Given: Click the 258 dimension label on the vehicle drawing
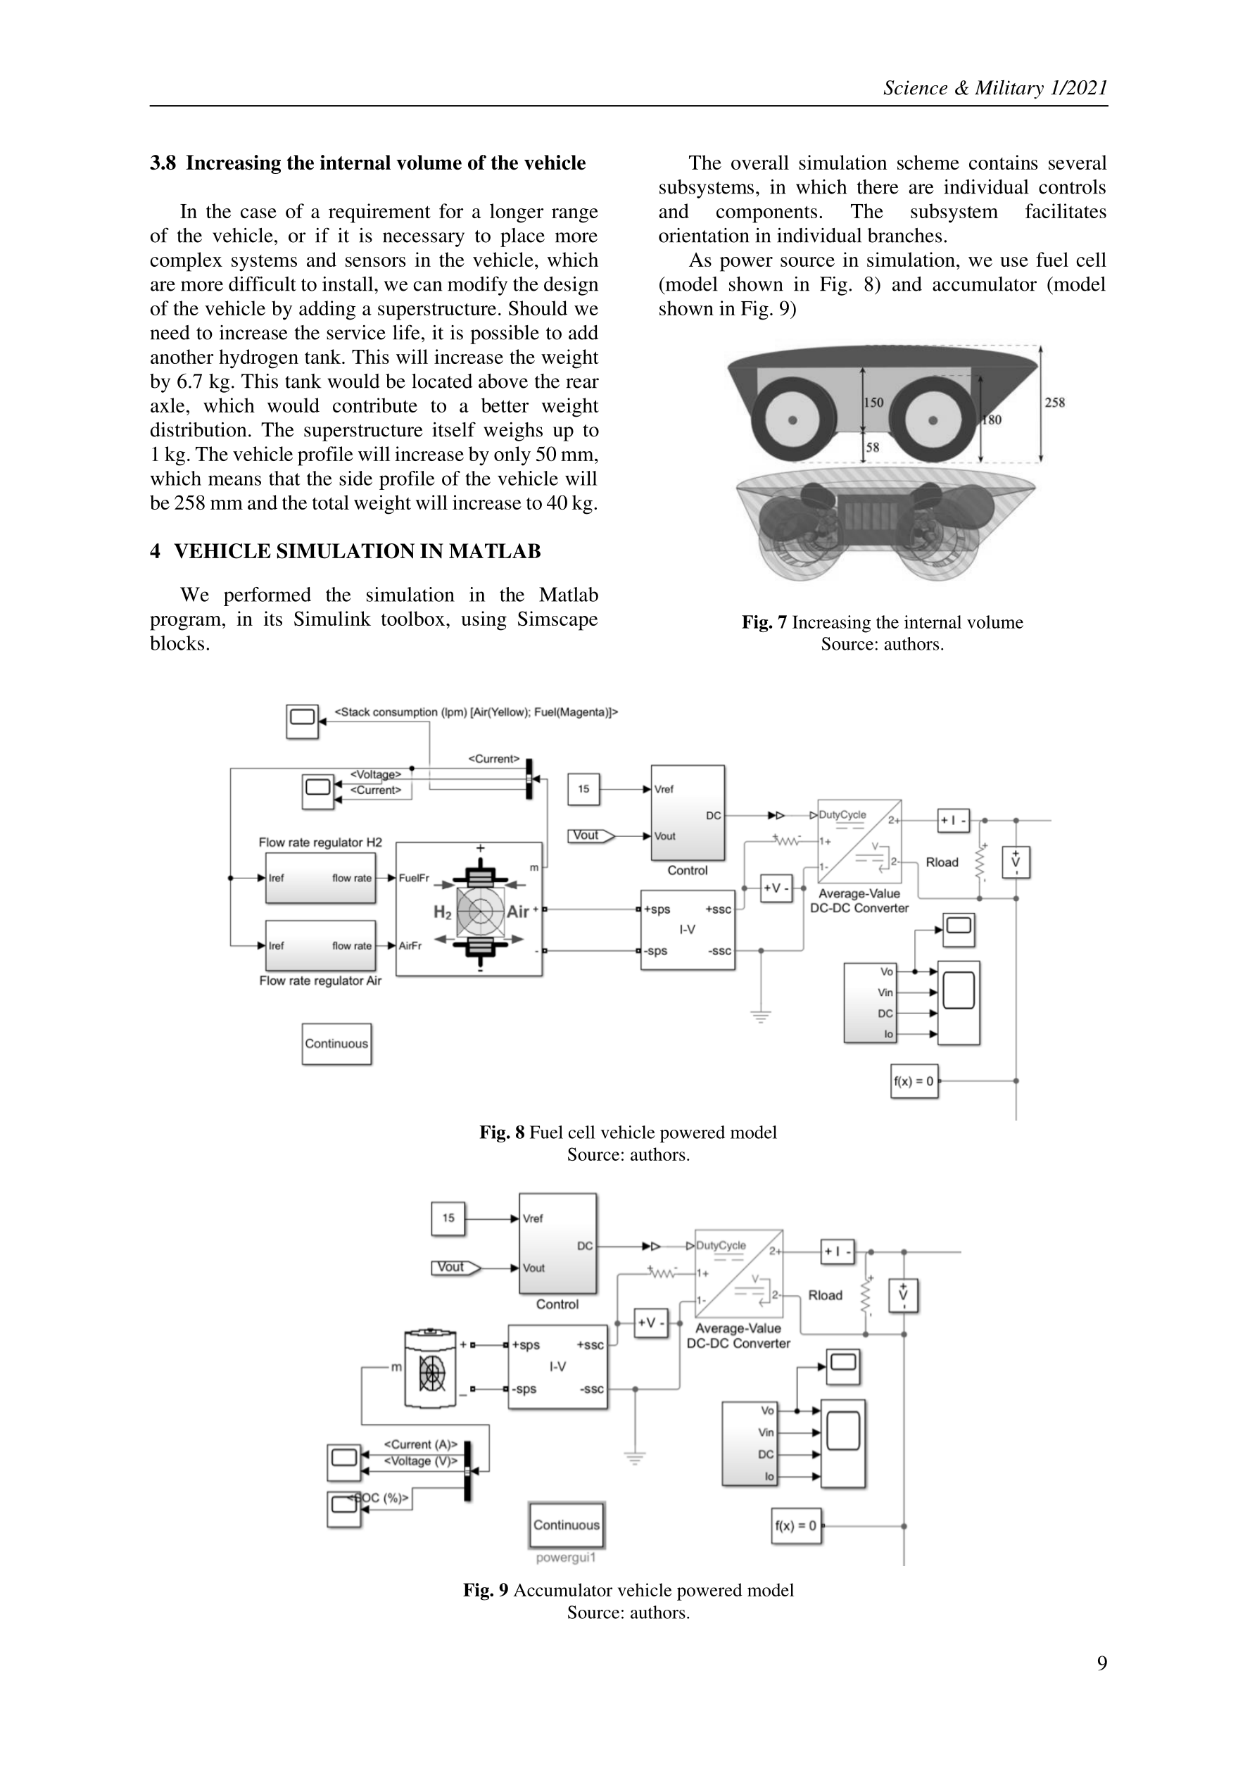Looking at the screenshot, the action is coord(1054,402).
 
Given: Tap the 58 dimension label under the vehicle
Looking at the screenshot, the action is coord(872,447).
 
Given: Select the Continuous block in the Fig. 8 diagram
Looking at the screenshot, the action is coord(336,1043).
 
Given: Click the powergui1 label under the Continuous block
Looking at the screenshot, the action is coord(566,1557).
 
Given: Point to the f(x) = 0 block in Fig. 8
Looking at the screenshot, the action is coord(914,1081).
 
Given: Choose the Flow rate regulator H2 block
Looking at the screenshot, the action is coord(320,878).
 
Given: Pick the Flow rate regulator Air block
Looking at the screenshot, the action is coord(320,945).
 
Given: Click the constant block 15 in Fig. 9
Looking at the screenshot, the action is coord(448,1218).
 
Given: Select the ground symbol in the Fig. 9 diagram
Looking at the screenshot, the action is coord(635,1458).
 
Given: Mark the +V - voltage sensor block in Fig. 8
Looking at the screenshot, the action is coord(776,888).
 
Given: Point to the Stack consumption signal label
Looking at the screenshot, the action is coord(476,712).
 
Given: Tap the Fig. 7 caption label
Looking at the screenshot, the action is coord(764,623).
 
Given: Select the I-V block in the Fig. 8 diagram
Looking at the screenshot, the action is coord(688,929).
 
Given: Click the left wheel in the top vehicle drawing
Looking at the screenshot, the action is coord(792,420).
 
